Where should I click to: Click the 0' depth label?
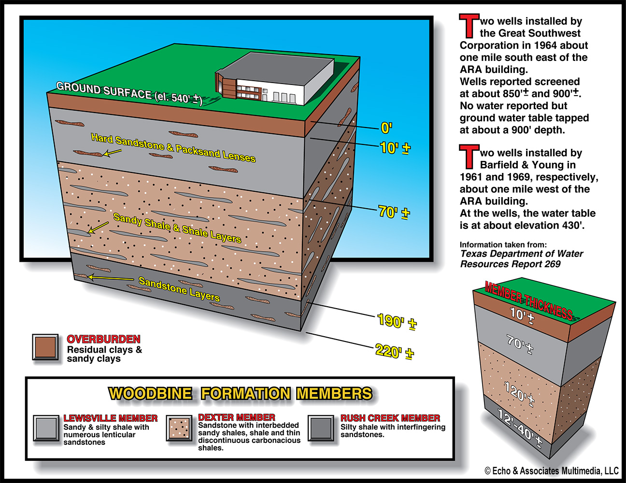pyautogui.click(x=386, y=128)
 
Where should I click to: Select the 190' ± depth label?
pyautogui.click(x=397, y=321)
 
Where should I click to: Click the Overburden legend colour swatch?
pyautogui.click(x=46, y=347)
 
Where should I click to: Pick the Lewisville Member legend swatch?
pyautogui.click(x=46, y=427)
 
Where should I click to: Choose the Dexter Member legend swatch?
pyautogui.click(x=180, y=427)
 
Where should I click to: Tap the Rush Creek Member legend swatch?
pyautogui.click(x=322, y=428)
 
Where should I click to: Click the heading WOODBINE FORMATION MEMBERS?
pyautogui.click(x=240, y=394)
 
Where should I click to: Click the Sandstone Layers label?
pyautogui.click(x=179, y=288)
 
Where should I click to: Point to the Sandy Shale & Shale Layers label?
pyautogui.click(x=177, y=227)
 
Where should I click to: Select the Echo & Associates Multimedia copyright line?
pyautogui.click(x=551, y=471)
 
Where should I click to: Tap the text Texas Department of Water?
pyautogui.click(x=522, y=254)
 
